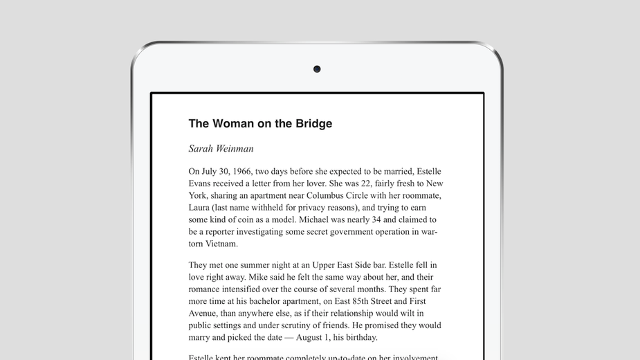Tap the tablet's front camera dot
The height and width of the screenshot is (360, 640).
point(317,69)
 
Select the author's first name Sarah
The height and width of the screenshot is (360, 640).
point(203,148)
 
